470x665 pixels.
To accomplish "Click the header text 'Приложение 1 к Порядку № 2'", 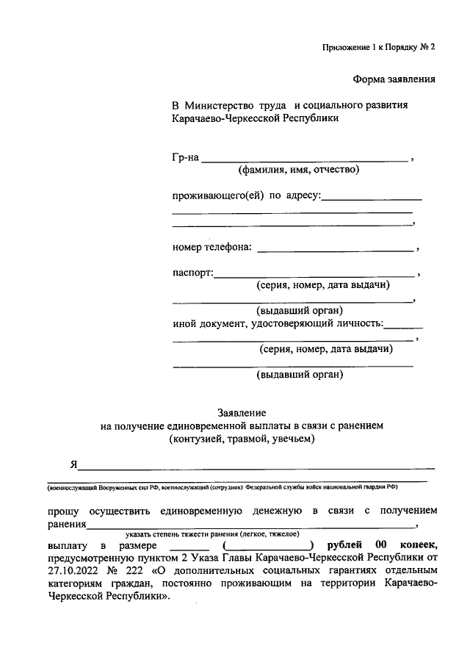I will tap(378, 47).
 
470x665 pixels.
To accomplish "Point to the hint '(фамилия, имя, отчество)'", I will tap(297, 170).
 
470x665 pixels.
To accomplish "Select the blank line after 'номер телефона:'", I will tap(336, 250).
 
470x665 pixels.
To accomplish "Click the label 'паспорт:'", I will tap(192, 273).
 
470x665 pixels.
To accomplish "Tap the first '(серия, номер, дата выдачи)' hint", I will tap(323, 285).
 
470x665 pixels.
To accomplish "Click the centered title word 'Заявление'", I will tap(242, 412).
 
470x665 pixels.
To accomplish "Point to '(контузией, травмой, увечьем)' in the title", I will tap(242, 439).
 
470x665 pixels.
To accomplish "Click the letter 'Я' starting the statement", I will tap(73, 464).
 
